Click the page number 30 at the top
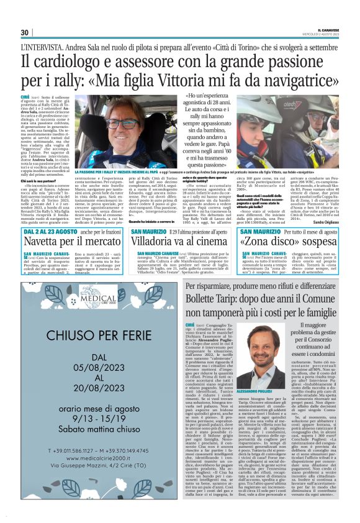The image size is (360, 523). click(25, 33)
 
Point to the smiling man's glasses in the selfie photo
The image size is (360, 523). click(123, 124)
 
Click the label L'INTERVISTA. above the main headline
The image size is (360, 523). click(42, 47)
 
